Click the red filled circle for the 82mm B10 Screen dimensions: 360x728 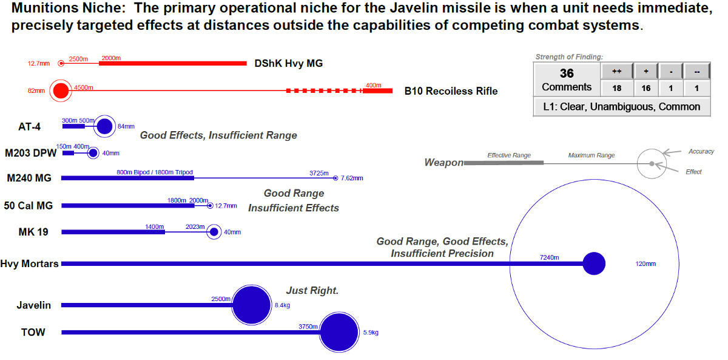[x=61, y=91]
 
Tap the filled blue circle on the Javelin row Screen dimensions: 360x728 [x=251, y=305]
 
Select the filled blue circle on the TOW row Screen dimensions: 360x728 [x=339, y=333]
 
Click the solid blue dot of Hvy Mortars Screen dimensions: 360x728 [x=594, y=263]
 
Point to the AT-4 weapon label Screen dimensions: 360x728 [x=30, y=126]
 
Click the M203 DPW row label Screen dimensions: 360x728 [x=30, y=152]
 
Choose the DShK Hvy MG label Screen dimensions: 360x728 [x=288, y=63]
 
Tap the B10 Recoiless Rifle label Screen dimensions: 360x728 [x=451, y=91]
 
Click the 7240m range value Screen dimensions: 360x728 [x=549, y=257]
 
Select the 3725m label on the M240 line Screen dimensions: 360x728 [x=319, y=172]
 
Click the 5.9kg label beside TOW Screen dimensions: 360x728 [x=371, y=333]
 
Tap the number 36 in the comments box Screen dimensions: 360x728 [x=567, y=73]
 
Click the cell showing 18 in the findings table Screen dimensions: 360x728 [x=616, y=88]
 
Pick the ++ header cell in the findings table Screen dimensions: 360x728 [x=616, y=72]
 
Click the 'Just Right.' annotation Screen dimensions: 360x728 [x=312, y=291]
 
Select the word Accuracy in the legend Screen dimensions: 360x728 [x=701, y=151]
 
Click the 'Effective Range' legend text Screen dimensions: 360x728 [x=509, y=155]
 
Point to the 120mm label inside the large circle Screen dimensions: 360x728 [x=646, y=264]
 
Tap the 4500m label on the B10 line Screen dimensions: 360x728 [x=83, y=87]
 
